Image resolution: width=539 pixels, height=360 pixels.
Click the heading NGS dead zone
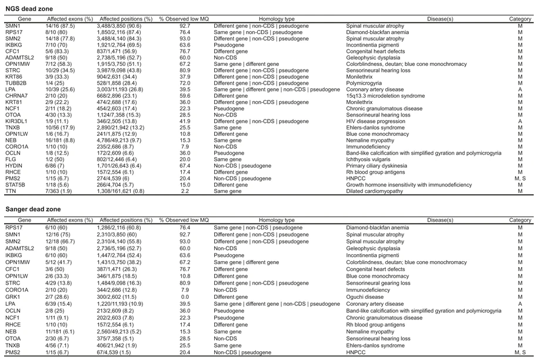pyautogui.click(x=28, y=9)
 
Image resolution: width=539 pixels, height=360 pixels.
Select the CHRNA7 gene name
pyautogui.click(x=16, y=94)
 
